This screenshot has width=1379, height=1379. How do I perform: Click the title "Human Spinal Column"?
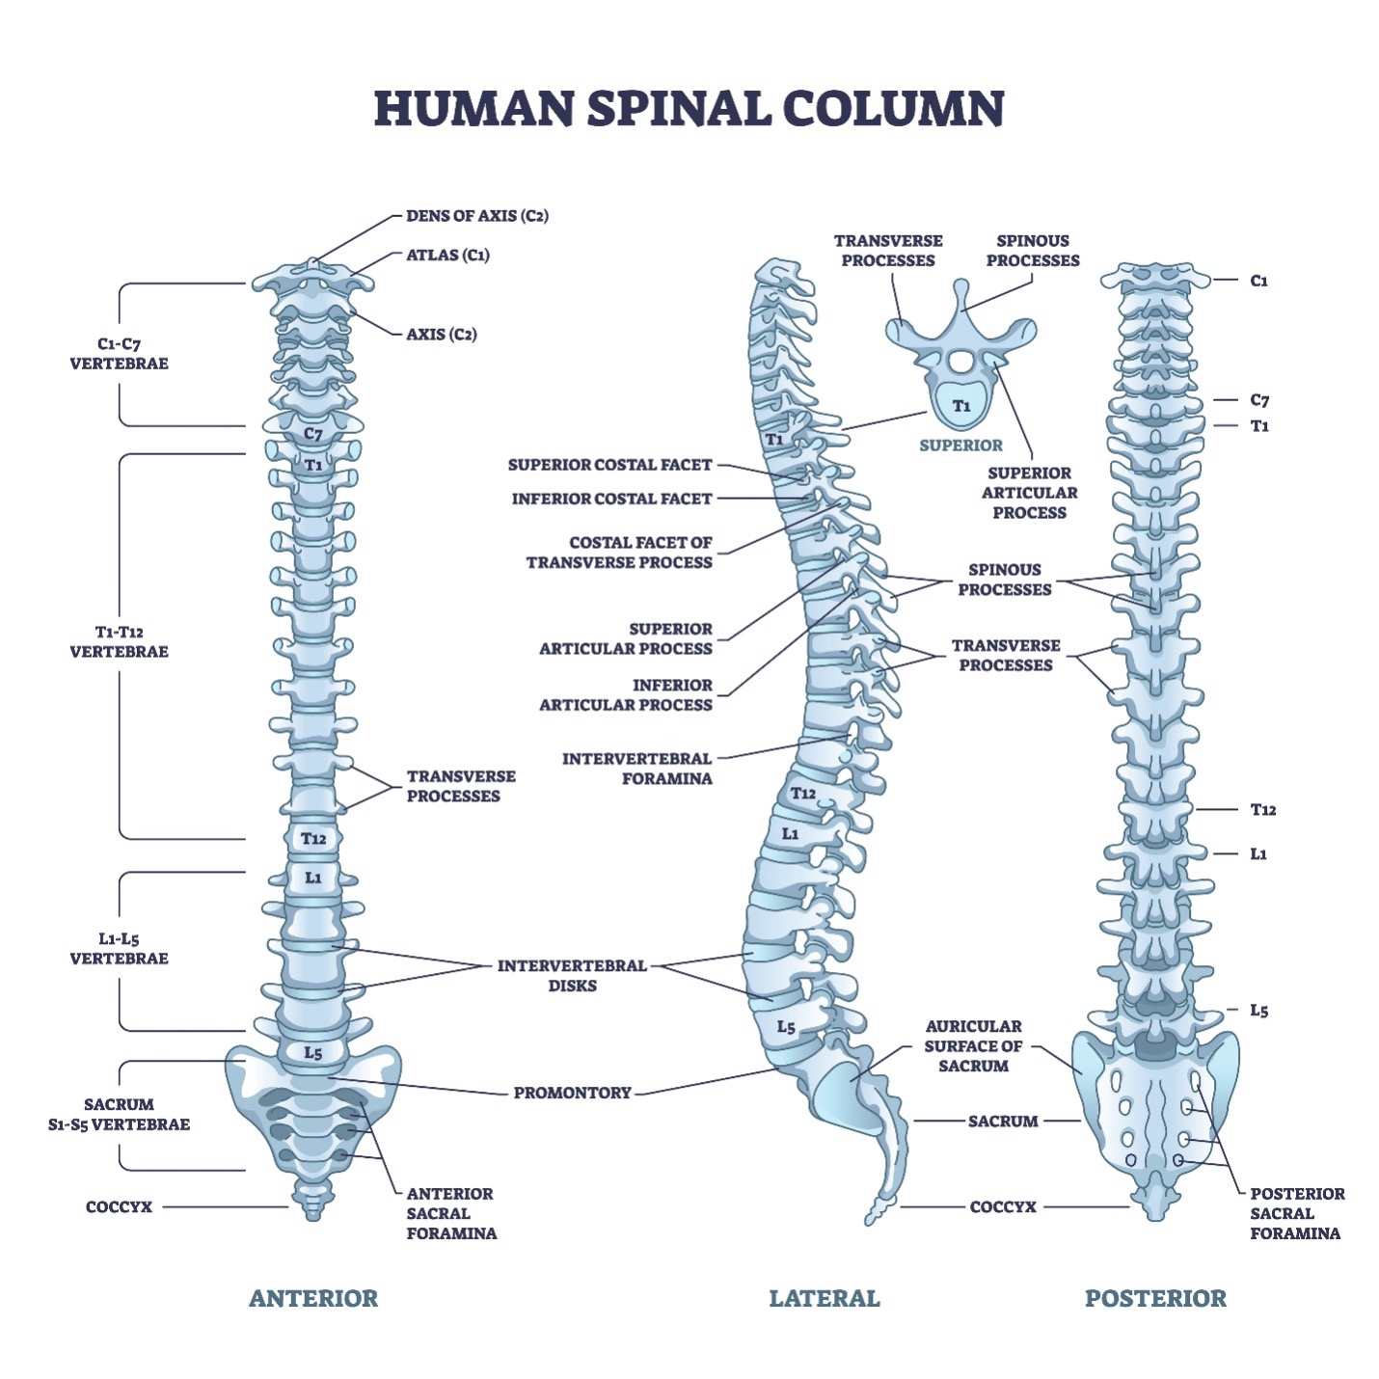tap(689, 108)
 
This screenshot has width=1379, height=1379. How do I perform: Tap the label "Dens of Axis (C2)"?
tap(476, 216)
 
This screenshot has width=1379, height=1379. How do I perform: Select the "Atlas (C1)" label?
tap(447, 256)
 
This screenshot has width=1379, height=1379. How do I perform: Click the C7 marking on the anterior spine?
tap(313, 434)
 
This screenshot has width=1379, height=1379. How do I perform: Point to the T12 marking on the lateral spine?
tap(802, 794)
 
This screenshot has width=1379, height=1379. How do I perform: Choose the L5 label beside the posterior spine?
tap(1258, 1011)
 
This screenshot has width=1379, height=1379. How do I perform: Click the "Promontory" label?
tap(572, 1093)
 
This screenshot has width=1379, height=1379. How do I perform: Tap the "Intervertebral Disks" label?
tap(572, 975)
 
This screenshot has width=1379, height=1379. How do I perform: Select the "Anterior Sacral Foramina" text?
tap(451, 1213)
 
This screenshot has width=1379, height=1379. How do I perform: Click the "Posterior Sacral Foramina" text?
tap(1296, 1213)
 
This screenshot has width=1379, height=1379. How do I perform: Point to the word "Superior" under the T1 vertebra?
tap(960, 446)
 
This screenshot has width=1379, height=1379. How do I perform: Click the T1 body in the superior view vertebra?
tap(961, 406)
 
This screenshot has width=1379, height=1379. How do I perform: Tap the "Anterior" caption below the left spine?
tap(313, 1298)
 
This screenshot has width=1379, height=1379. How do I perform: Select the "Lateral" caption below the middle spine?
tap(825, 1298)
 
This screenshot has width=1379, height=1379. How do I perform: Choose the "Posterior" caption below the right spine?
tap(1155, 1298)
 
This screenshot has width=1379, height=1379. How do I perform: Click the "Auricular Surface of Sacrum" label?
tap(973, 1046)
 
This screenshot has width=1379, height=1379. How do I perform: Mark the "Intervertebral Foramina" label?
tap(637, 769)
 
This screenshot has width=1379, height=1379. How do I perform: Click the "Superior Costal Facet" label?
tap(609, 465)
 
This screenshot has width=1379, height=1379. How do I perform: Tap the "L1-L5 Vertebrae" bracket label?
tap(119, 949)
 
